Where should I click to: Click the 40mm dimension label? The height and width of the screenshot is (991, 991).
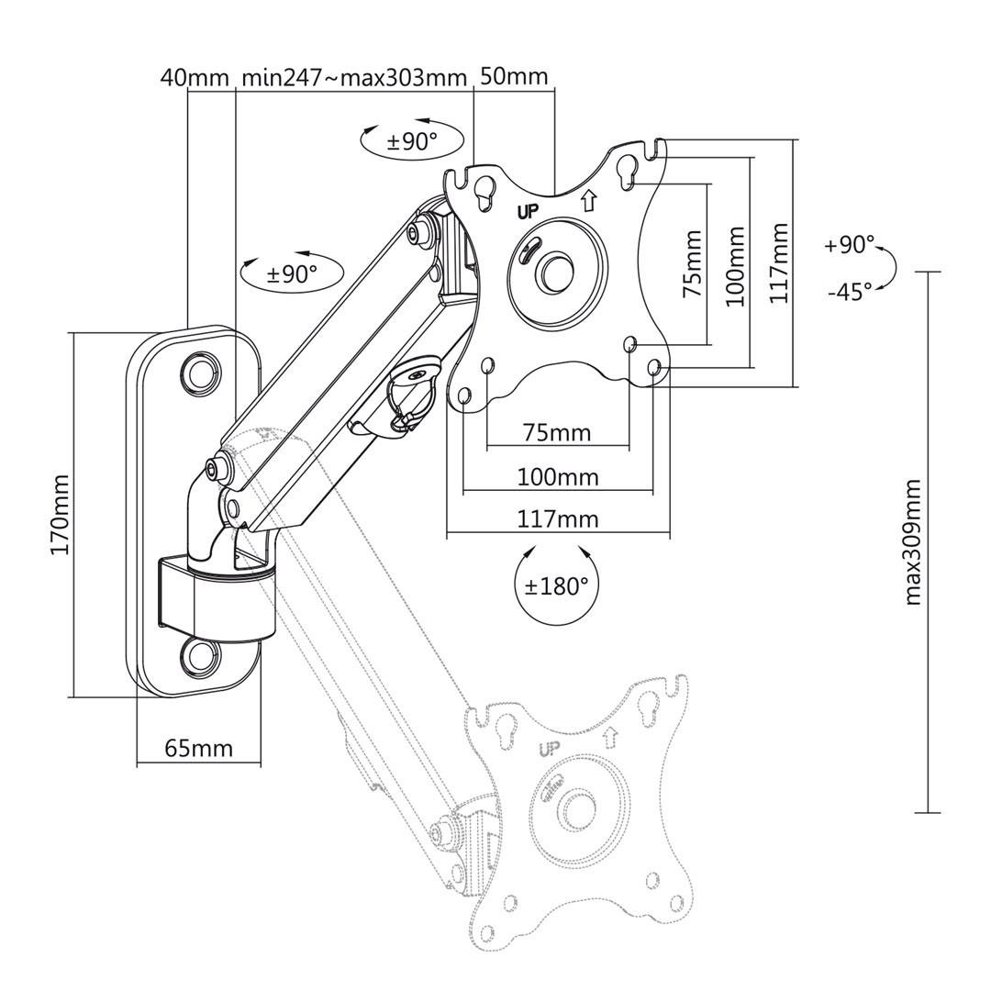pos(194,77)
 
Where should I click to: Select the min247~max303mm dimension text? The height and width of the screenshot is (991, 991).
pos(354,77)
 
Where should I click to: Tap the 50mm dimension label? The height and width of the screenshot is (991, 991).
pos(514,76)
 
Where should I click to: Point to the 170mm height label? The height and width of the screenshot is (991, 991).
pos(60,515)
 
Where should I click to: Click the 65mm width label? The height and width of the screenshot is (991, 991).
pos(198,748)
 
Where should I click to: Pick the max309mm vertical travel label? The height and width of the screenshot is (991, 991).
pos(913,541)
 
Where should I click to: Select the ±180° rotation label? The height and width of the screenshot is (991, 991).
pos(556,586)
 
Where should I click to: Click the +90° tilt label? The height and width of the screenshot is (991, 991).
pos(850,245)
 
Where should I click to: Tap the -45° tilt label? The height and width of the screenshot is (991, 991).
pos(850,292)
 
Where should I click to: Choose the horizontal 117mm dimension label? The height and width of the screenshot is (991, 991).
pos(558,519)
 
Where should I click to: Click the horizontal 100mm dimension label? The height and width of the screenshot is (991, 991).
pos(558,477)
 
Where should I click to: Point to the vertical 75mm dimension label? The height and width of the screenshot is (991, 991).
pos(693,263)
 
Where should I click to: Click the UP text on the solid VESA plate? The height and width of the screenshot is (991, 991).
pos(529,211)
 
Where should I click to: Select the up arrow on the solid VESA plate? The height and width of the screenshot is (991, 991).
pos(589,197)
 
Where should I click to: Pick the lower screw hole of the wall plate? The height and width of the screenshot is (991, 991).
pos(198,654)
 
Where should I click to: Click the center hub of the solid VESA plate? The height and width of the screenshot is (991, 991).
pos(556,271)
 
